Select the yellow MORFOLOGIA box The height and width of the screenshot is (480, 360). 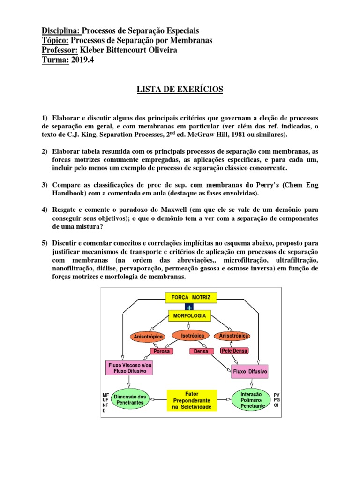pyautogui.click(x=190, y=316)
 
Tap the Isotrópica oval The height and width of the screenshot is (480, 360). pyautogui.click(x=190, y=335)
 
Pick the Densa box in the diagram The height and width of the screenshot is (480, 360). pyautogui.click(x=201, y=351)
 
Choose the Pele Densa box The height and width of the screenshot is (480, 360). pyautogui.click(x=234, y=351)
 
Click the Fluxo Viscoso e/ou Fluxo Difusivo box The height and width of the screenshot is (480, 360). pyautogui.click(x=127, y=367)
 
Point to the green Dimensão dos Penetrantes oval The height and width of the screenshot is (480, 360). pyautogui.click(x=129, y=400)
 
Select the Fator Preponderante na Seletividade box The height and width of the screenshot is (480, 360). pyautogui.click(x=192, y=400)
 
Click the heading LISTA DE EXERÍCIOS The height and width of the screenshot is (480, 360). pyautogui.click(x=180, y=89)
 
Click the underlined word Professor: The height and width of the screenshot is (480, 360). pyautogui.click(x=59, y=50)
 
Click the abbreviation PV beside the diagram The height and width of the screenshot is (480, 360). pyautogui.click(x=276, y=395)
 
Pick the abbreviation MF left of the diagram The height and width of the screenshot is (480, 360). pyautogui.click(x=105, y=395)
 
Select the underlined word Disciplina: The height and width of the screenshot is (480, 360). pyautogui.click(x=61, y=31)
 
